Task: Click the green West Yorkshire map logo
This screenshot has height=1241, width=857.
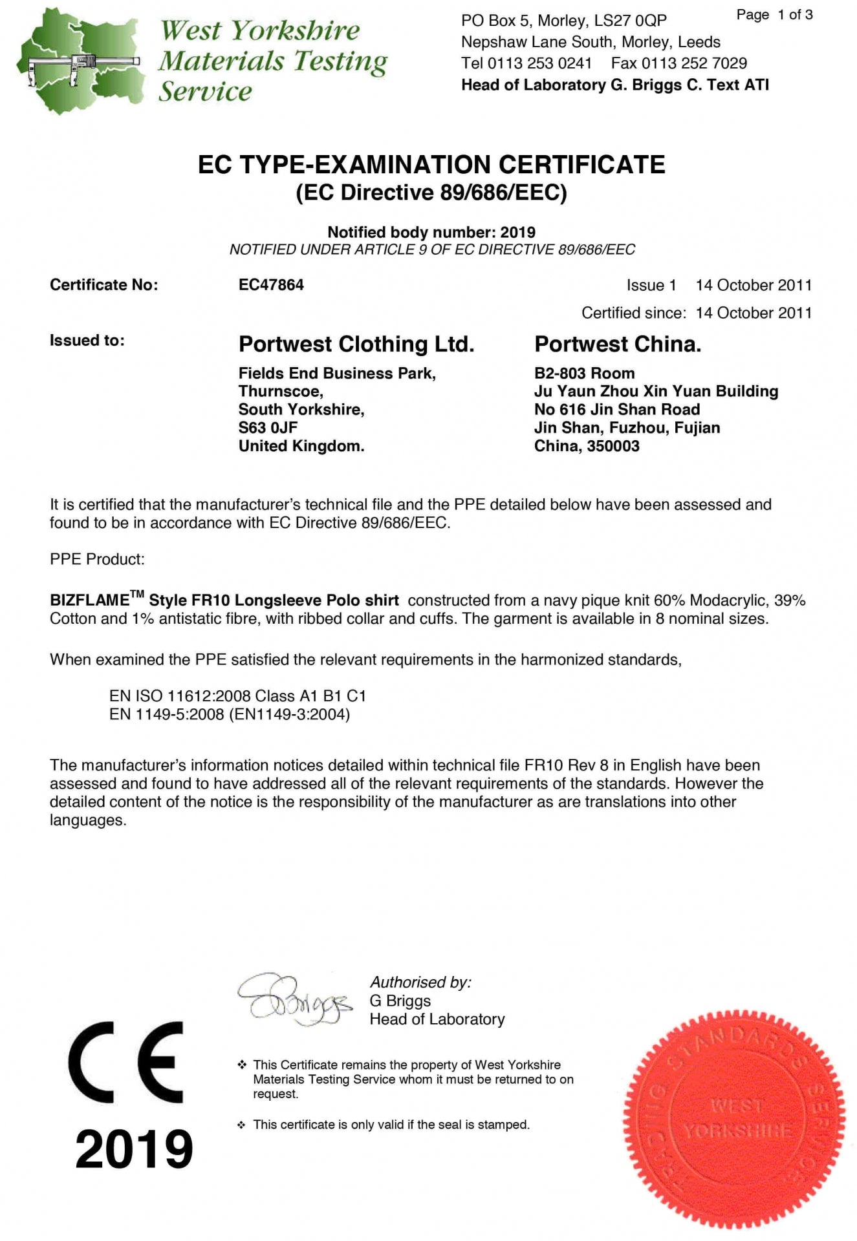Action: pyautogui.click(x=81, y=61)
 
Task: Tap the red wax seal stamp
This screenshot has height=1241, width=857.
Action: pyautogui.click(x=734, y=1119)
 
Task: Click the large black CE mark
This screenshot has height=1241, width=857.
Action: pyautogui.click(x=126, y=1061)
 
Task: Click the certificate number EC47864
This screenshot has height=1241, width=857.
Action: pyautogui.click(x=271, y=285)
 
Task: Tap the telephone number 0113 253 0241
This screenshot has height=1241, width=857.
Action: pyautogui.click(x=539, y=63)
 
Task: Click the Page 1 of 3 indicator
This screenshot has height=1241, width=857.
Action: pyautogui.click(x=774, y=15)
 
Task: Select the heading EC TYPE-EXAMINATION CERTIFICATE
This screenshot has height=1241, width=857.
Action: pyautogui.click(x=431, y=165)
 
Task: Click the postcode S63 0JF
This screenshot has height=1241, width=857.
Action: pyautogui.click(x=268, y=428)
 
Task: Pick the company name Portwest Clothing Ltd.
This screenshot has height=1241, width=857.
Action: pyautogui.click(x=356, y=345)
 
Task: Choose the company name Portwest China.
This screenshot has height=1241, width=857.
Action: pyautogui.click(x=618, y=345)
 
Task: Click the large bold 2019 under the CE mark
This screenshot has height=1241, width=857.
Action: pyautogui.click(x=134, y=1149)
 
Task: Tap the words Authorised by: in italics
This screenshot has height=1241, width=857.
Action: pyautogui.click(x=420, y=982)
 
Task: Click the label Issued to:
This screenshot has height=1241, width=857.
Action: pyautogui.click(x=87, y=341)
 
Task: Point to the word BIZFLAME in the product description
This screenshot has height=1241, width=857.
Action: pyautogui.click(x=89, y=600)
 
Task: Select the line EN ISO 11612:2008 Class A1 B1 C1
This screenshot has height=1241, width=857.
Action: pyautogui.click(x=237, y=696)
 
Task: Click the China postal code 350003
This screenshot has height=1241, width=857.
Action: pyautogui.click(x=613, y=446)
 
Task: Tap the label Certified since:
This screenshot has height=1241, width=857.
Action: pyautogui.click(x=633, y=313)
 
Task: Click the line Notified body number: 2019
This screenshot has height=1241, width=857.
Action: pyautogui.click(x=431, y=232)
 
